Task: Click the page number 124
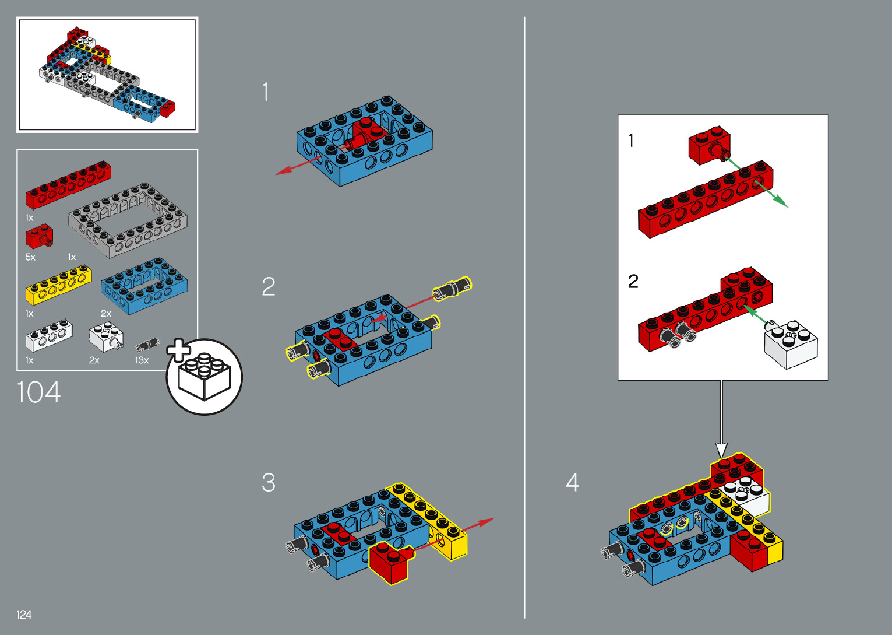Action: [24, 615]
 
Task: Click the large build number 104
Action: [38, 392]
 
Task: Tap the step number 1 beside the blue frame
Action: [266, 92]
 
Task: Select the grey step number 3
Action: [269, 482]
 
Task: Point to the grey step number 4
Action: [572, 482]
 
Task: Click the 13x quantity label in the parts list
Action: [142, 360]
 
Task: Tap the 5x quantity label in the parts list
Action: [30, 257]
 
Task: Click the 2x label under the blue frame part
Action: [106, 313]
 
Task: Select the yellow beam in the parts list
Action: [58, 285]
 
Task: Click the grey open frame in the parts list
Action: [128, 220]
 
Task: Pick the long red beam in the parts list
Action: [68, 185]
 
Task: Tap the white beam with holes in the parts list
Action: [49, 336]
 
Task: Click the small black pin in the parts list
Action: [147, 345]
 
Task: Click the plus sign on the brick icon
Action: [178, 350]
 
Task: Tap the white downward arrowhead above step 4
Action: [721, 450]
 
